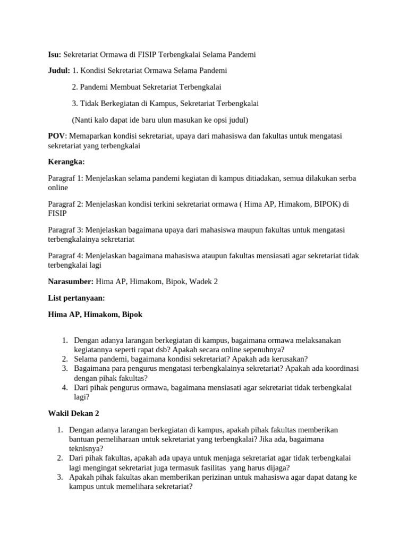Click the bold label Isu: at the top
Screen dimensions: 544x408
pos(54,55)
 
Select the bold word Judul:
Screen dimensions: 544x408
pos(58,71)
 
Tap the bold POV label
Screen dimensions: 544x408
pos(56,136)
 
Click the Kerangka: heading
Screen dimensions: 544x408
pos(66,161)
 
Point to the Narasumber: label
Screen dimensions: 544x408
pos(71,282)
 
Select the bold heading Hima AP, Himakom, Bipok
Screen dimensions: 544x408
pos(95,314)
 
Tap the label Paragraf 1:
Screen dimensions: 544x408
pos(65,178)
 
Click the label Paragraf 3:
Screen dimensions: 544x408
pos(65,229)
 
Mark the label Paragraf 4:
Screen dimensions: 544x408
pos(65,256)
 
